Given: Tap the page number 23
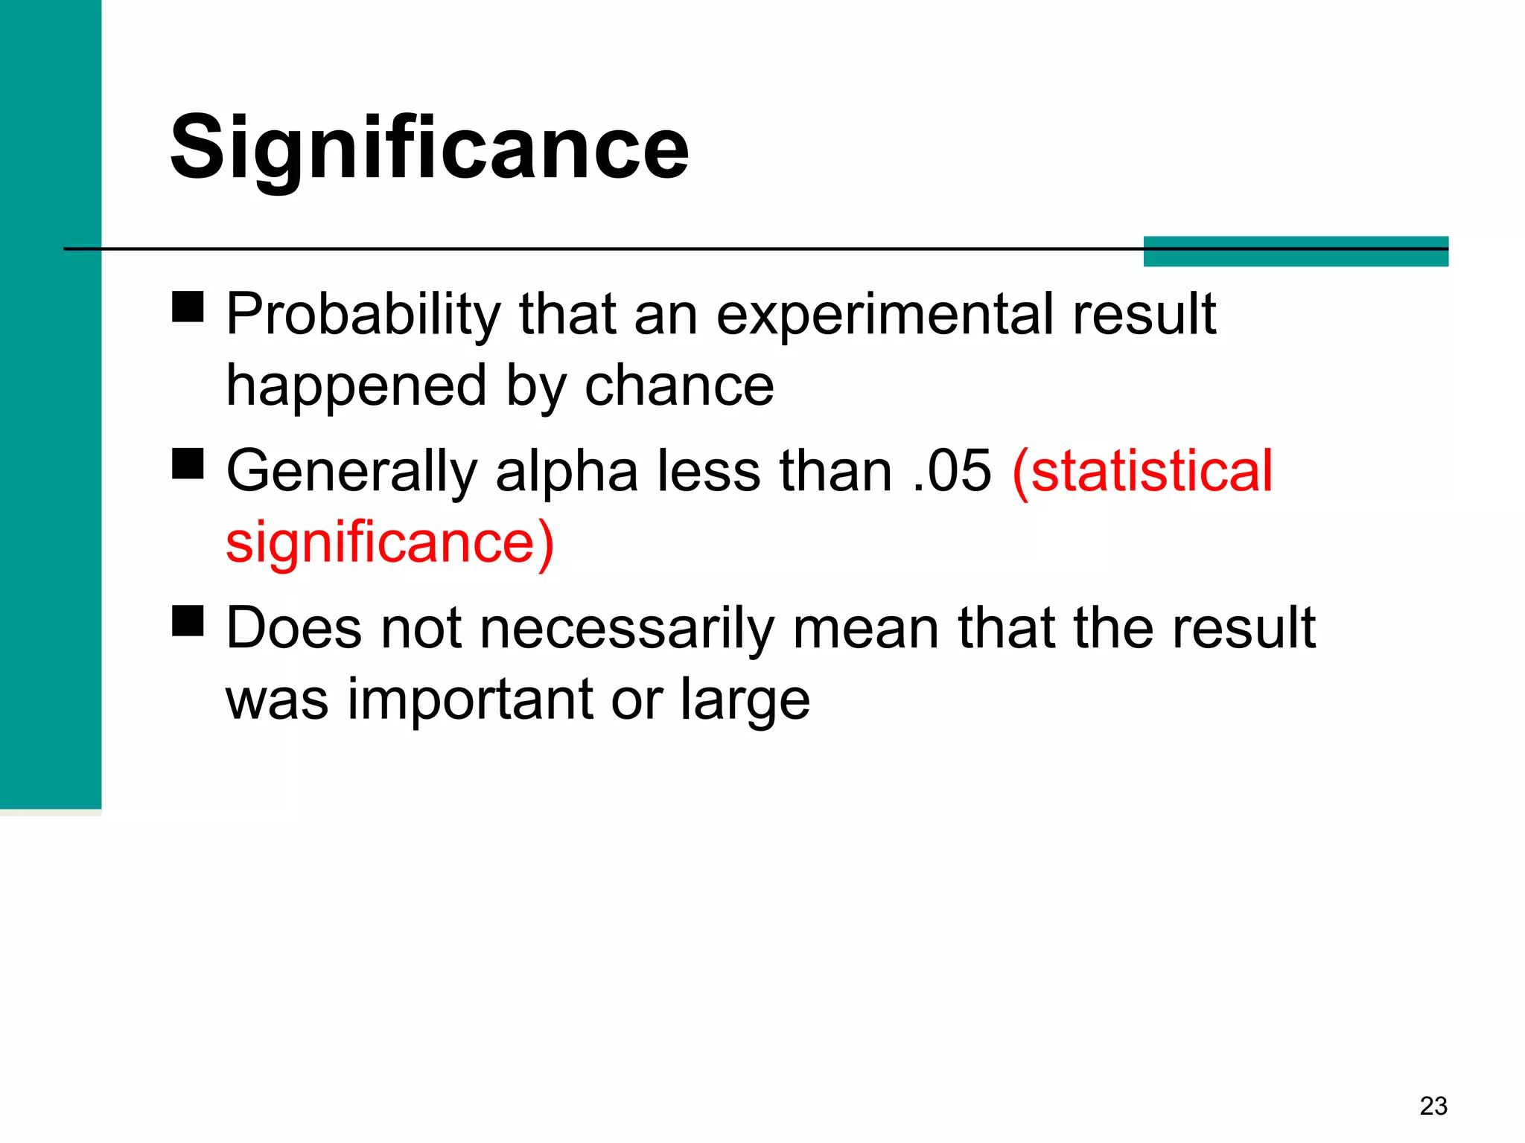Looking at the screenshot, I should pyautogui.click(x=1433, y=1106).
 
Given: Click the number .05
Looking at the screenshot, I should pyautogui.click(x=952, y=471).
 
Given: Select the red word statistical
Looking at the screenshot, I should pyautogui.click(x=1143, y=471).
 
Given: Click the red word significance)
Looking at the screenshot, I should pyautogui.click(x=389, y=543).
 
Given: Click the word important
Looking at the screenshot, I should pyautogui.click(x=471, y=701).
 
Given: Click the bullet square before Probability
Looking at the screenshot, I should pyautogui.click(x=188, y=306).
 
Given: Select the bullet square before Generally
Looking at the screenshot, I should pyautogui.click(x=188, y=464).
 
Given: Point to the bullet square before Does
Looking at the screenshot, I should pyautogui.click(x=188, y=621).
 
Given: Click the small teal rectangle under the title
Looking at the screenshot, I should pyautogui.click(x=1295, y=252).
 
